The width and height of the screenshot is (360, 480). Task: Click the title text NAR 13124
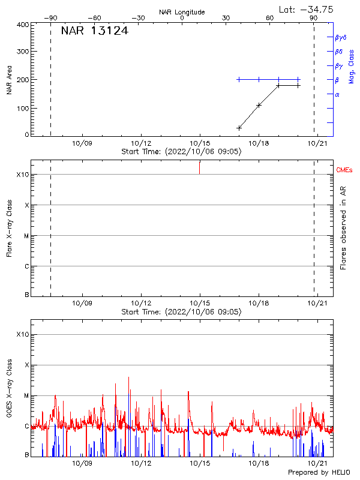pyautogui.click(x=94, y=31)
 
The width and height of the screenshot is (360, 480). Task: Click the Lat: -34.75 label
pyautogui.click(x=307, y=9)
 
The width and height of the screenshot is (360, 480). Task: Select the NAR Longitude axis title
pyautogui.click(x=182, y=12)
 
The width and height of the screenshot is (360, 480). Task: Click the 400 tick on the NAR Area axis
pyautogui.click(x=23, y=25)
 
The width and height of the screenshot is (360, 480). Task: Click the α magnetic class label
pyautogui.click(x=337, y=94)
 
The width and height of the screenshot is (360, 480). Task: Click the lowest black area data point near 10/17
pyautogui.click(x=239, y=128)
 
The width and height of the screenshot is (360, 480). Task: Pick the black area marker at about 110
pyautogui.click(x=259, y=105)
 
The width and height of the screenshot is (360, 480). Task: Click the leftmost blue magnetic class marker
pyautogui.click(x=239, y=79)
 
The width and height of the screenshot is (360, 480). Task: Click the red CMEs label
pyautogui.click(x=344, y=170)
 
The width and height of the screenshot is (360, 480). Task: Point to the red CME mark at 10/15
pyautogui.click(x=200, y=167)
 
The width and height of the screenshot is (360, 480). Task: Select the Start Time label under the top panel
pyautogui.click(x=181, y=152)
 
